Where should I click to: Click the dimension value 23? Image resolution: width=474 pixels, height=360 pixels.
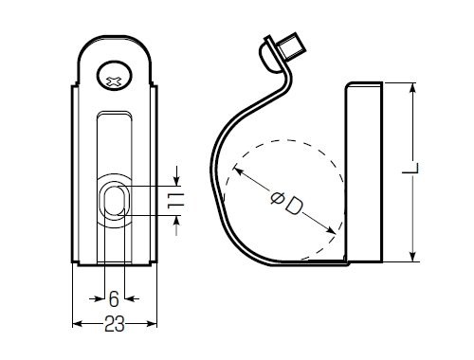(x=115, y=323)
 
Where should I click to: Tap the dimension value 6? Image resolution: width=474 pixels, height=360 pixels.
(x=114, y=298)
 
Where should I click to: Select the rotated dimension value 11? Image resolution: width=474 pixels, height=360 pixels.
(x=175, y=201)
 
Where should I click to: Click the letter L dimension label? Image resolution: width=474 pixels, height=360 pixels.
(x=410, y=169)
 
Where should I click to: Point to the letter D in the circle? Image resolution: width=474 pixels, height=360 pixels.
(x=294, y=206)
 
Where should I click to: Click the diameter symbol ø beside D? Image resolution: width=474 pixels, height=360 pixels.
(x=277, y=198)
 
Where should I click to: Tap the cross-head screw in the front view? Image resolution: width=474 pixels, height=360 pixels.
(x=114, y=76)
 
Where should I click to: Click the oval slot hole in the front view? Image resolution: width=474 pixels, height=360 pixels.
(x=115, y=200)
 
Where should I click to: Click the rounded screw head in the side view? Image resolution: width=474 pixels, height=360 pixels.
(x=269, y=57)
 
